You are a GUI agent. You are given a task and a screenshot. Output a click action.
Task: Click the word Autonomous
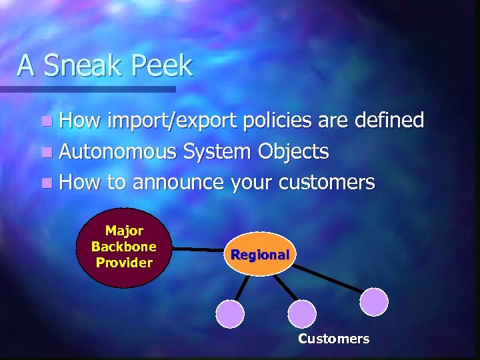[x=117, y=151]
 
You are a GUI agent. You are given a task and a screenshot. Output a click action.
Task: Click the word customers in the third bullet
[x=329, y=182]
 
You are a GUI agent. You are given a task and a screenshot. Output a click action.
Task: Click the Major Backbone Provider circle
[x=123, y=247]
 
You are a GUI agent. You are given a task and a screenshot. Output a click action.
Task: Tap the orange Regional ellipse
[x=259, y=254]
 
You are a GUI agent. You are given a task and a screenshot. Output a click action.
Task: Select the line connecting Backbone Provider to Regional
[x=198, y=250]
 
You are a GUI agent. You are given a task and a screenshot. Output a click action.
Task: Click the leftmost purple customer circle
[x=231, y=313]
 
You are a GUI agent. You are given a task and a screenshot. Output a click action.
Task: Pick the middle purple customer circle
[x=301, y=313]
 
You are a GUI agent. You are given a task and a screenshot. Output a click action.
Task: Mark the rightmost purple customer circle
[x=374, y=301]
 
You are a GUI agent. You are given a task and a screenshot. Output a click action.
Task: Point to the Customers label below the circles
[x=333, y=339]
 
